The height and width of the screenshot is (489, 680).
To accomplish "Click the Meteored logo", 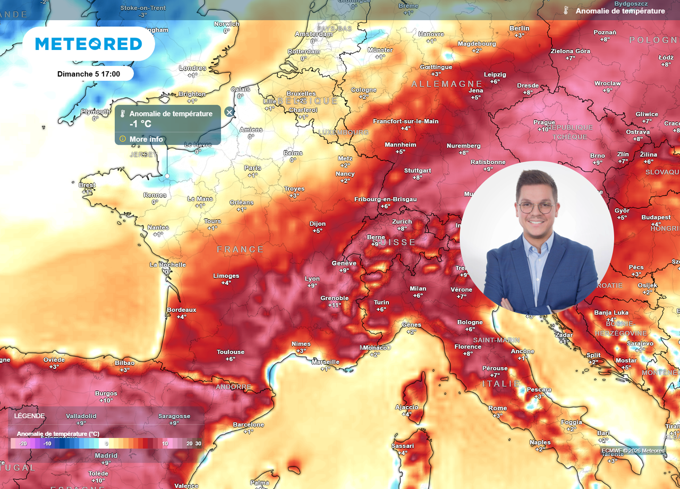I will point(89,44).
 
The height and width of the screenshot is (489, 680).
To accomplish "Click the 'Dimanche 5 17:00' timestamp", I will point(89,74).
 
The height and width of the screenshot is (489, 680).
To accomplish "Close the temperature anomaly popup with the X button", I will point(229,112).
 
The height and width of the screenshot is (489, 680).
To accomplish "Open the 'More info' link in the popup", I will point(146,139).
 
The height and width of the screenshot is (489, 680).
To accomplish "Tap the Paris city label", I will point(253,168).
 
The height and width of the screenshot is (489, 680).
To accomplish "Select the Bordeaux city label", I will point(182,310).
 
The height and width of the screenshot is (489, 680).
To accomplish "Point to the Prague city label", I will point(544,122).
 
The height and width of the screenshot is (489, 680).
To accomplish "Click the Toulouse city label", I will point(231,352).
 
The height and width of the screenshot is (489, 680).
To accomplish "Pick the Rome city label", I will point(498,408).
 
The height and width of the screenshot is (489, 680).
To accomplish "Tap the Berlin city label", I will point(519,28).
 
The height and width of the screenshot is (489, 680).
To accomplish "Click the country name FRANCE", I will point(241,249).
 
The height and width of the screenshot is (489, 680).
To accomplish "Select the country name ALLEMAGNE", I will point(447,84).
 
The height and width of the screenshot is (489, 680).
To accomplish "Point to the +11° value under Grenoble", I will point(335,305).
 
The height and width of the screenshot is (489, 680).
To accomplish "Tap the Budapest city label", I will point(656,217).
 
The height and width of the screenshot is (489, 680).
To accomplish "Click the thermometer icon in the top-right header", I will point(566,11).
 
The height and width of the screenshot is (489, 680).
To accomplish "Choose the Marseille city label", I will point(326,362).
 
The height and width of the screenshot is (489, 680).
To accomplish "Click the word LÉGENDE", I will point(30,416).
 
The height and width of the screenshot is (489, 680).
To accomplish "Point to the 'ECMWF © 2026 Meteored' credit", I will point(633,451).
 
